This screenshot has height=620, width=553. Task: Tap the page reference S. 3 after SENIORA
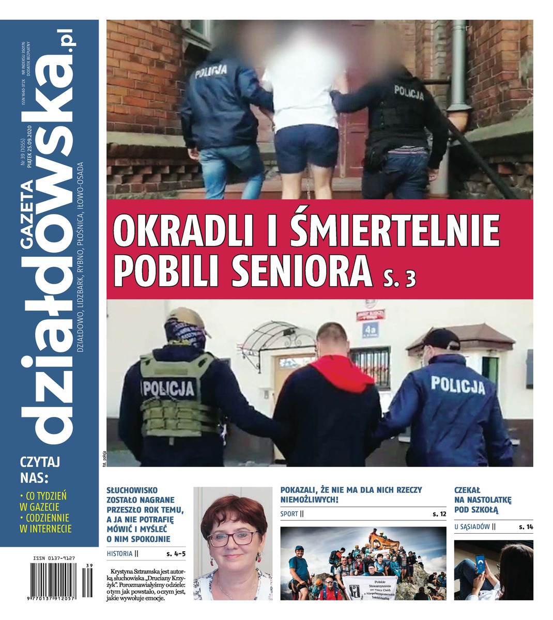(x=400, y=278)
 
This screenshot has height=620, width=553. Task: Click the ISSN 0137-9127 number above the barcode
(x=54, y=559)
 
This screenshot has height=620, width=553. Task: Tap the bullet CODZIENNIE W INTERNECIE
(x=45, y=523)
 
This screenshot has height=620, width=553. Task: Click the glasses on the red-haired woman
(x=232, y=538)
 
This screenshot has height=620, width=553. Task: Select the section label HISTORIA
(x=119, y=553)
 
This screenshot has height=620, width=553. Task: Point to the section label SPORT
(x=289, y=514)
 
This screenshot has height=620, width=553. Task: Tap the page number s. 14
(x=526, y=527)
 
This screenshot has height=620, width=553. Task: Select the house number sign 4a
(x=370, y=328)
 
